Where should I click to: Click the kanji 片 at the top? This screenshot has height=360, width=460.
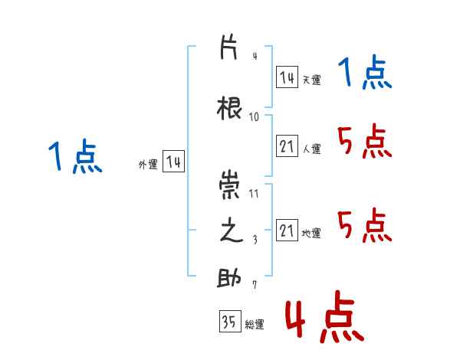(228, 47)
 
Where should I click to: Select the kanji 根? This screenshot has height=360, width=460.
(229, 108)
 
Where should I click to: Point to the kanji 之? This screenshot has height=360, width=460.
(232, 230)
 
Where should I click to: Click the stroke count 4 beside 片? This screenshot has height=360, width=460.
(255, 56)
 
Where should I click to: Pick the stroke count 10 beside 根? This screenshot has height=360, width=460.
(254, 117)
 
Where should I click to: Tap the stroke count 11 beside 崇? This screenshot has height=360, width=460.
(254, 194)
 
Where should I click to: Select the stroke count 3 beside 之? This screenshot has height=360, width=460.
(255, 240)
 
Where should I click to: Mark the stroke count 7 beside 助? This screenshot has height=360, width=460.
(255, 284)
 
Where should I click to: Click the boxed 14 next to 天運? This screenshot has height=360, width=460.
(287, 77)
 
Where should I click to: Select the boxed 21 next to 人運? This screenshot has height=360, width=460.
(287, 146)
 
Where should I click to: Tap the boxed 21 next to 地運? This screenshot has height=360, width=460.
(287, 230)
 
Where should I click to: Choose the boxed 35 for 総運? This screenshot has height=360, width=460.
(230, 321)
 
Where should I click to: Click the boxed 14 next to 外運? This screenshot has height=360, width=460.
(173, 161)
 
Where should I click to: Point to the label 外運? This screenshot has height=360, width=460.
(148, 165)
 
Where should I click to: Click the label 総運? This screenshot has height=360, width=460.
(255, 324)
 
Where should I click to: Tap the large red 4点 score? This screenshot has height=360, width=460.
(325, 316)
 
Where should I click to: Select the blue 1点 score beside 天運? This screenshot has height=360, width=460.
(365, 72)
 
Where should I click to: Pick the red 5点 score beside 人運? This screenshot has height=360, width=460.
(365, 141)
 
